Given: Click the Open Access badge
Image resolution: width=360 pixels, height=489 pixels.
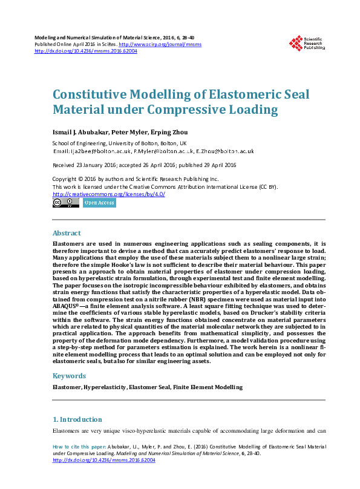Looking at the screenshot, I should coord(99,203).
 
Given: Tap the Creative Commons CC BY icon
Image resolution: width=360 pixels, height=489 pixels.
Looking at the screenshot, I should coord(65,203).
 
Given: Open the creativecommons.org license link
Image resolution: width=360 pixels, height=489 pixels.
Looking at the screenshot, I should coord(109,194).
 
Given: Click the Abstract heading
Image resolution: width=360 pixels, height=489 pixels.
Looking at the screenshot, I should coord(67,233).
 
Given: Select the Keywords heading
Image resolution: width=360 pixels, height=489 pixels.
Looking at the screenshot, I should coord(69,375).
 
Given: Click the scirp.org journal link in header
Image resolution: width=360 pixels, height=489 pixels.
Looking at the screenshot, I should coord(160,44).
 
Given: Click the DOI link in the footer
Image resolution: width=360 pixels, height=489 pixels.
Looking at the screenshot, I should coord(104,460).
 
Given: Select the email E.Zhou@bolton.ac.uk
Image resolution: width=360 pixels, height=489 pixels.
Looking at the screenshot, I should coord(225,151).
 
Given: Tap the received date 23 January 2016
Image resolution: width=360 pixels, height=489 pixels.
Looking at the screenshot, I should coord(99,165).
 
